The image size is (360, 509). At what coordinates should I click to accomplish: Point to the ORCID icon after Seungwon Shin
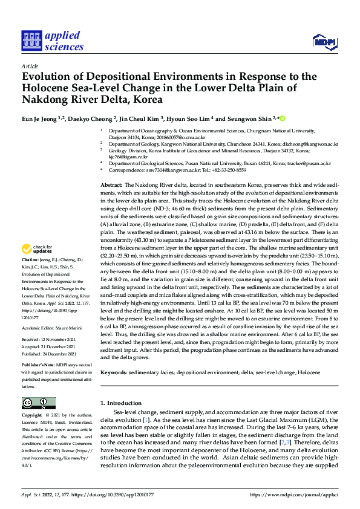[282, 118]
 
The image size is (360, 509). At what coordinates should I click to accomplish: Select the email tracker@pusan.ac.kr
[309, 163]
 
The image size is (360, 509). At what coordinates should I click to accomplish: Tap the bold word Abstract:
[111, 184]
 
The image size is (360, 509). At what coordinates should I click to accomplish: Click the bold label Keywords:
[114, 372]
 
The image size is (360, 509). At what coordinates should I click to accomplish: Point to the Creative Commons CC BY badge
[39, 403]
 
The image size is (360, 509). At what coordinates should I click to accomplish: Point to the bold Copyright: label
[32, 417]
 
